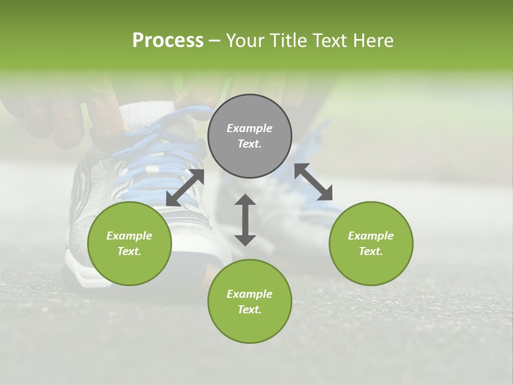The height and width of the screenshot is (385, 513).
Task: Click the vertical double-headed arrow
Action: (x=245, y=220)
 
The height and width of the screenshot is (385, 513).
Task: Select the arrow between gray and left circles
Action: (x=185, y=188)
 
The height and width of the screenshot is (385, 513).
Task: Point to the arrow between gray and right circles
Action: (x=314, y=182)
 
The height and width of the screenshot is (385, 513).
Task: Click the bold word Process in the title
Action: (x=168, y=41)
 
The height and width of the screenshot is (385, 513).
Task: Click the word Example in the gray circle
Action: (x=250, y=128)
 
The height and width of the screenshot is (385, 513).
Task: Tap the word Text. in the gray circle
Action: (x=250, y=144)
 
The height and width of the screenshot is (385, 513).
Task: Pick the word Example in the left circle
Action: (x=129, y=236)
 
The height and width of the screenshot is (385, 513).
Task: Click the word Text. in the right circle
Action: (x=371, y=251)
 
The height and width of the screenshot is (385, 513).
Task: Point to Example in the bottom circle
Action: (x=250, y=294)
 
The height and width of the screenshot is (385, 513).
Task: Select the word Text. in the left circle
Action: (x=129, y=251)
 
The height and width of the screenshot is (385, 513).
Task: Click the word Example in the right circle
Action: (x=371, y=236)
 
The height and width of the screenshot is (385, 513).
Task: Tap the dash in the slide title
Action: (x=215, y=41)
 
